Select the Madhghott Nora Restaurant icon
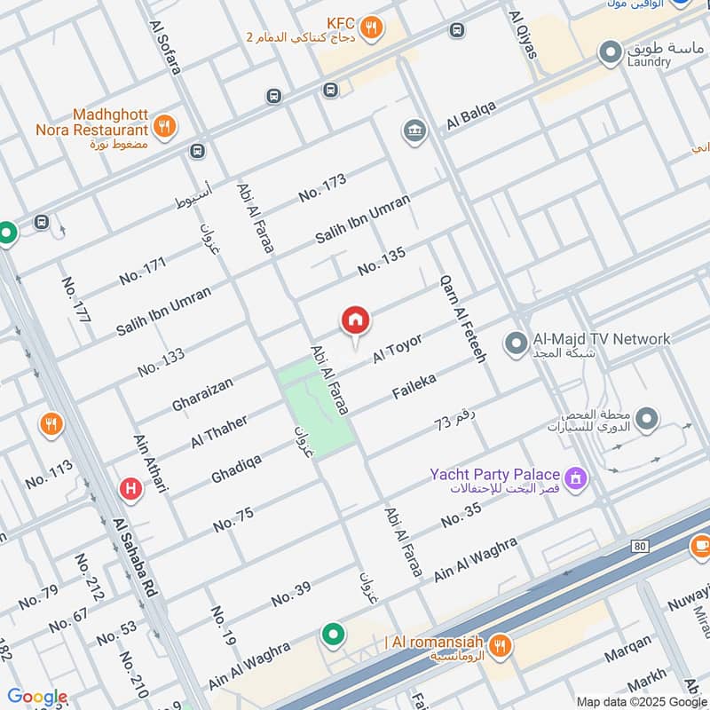point(163,127)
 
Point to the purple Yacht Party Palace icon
point(577,479)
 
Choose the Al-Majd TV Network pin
point(516,342)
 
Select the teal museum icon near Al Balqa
point(414,131)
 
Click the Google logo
point(37,697)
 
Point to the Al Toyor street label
point(397,349)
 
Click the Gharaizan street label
point(202,395)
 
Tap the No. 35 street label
point(461,515)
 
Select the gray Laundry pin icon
point(610,52)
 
